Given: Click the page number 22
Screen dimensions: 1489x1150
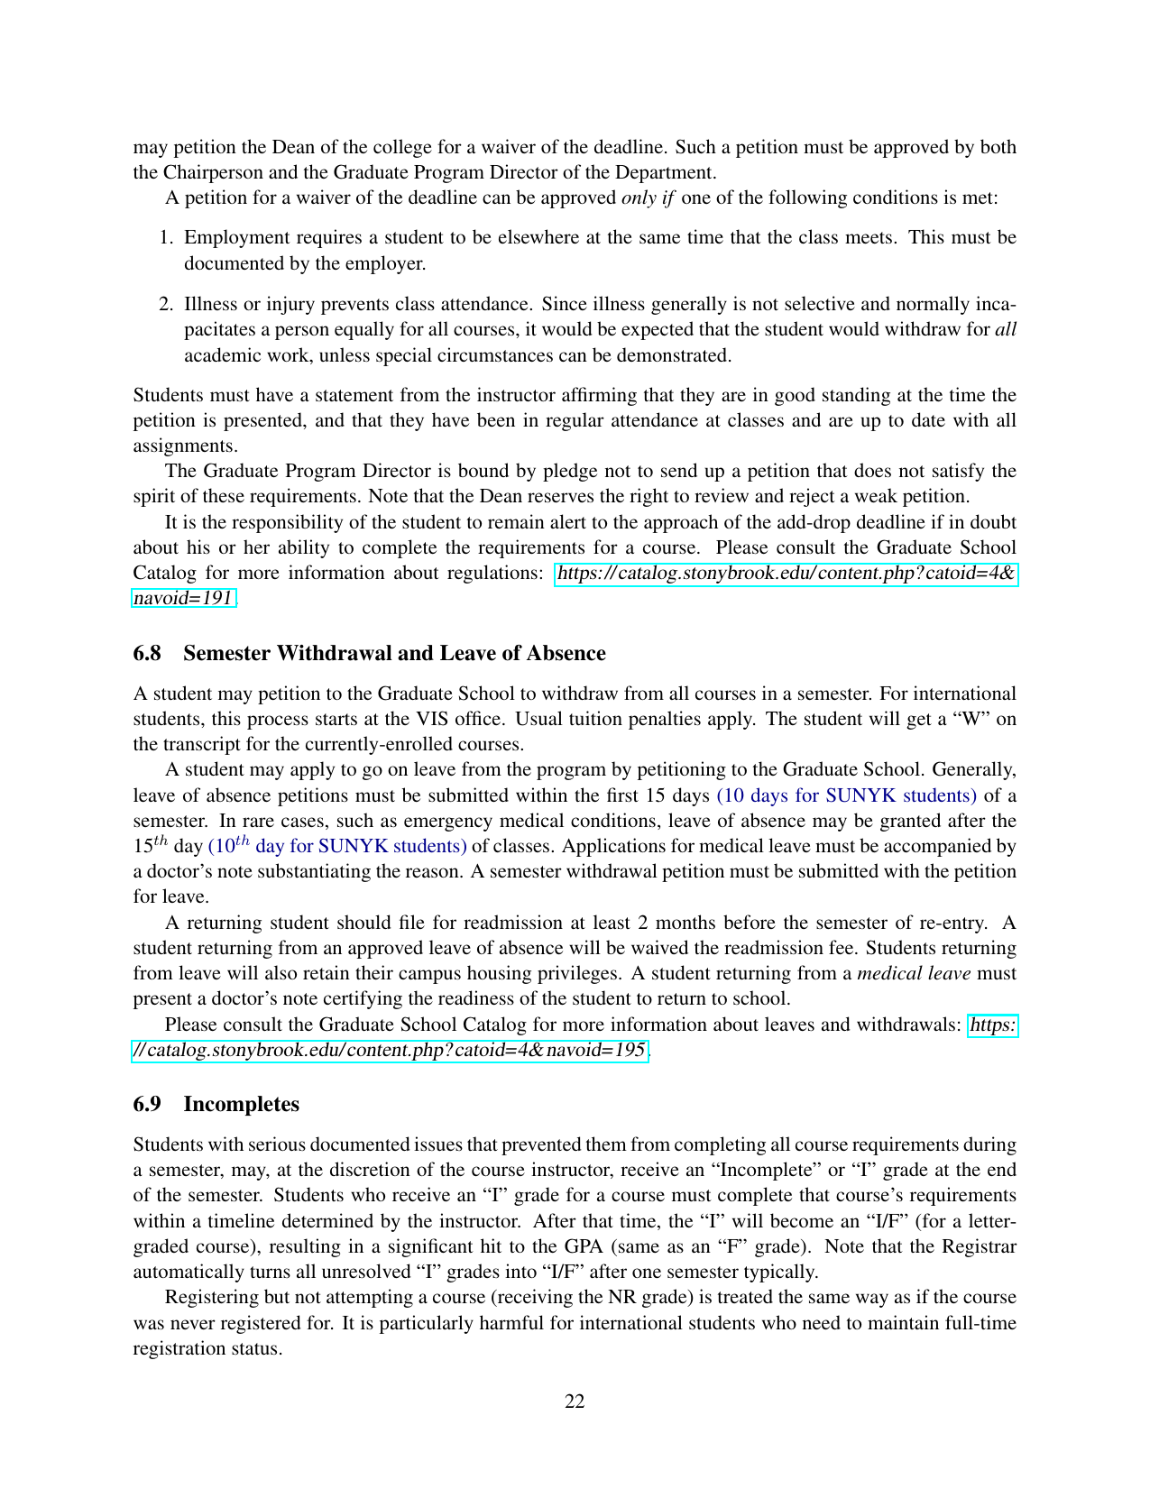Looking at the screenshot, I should pyautogui.click(x=575, y=1401).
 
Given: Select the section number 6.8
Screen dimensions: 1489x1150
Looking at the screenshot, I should pyautogui.click(x=147, y=653).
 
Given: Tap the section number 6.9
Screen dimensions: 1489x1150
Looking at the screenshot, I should pyautogui.click(x=147, y=1104).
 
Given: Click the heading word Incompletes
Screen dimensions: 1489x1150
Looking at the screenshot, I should pyautogui.click(x=241, y=1104).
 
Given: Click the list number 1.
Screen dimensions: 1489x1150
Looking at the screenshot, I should pyautogui.click(x=166, y=237).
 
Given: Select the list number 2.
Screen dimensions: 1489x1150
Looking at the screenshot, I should pyautogui.click(x=166, y=304).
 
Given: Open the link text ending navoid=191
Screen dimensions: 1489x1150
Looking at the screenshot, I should pyautogui.click(x=184, y=598).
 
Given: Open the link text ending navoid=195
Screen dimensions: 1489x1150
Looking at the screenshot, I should pyautogui.click(x=389, y=1050).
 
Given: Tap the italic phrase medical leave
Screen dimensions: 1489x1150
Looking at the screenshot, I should pyautogui.click(x=914, y=973).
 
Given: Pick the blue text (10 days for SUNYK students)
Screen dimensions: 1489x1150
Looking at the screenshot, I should pyautogui.click(x=846, y=795).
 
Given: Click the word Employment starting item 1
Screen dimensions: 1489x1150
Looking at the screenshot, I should pyautogui.click(x=228, y=237).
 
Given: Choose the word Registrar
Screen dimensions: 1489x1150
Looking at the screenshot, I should pyautogui.click(x=979, y=1246).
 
